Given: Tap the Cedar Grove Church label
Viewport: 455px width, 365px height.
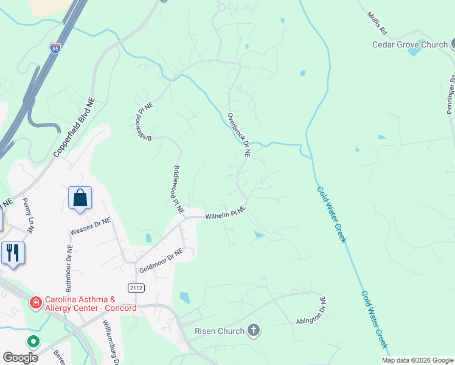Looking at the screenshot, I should point(410,44).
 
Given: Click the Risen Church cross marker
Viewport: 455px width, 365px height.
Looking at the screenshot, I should point(254,331).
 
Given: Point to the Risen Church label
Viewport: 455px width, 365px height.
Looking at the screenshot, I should point(220,331).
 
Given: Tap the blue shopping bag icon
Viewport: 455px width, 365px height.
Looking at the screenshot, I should point(80,198).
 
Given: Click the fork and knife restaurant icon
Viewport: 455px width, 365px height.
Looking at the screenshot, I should point(13,252).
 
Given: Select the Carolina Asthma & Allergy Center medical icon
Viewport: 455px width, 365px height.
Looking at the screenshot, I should point(35,302).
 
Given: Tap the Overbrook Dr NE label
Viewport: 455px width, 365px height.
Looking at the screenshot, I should point(239,135).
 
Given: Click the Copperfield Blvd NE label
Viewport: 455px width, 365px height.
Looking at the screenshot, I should point(78,130).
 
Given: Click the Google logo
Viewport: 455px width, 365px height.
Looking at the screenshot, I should point(20,358).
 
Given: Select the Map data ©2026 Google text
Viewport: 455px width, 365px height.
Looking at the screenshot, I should point(417,360).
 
